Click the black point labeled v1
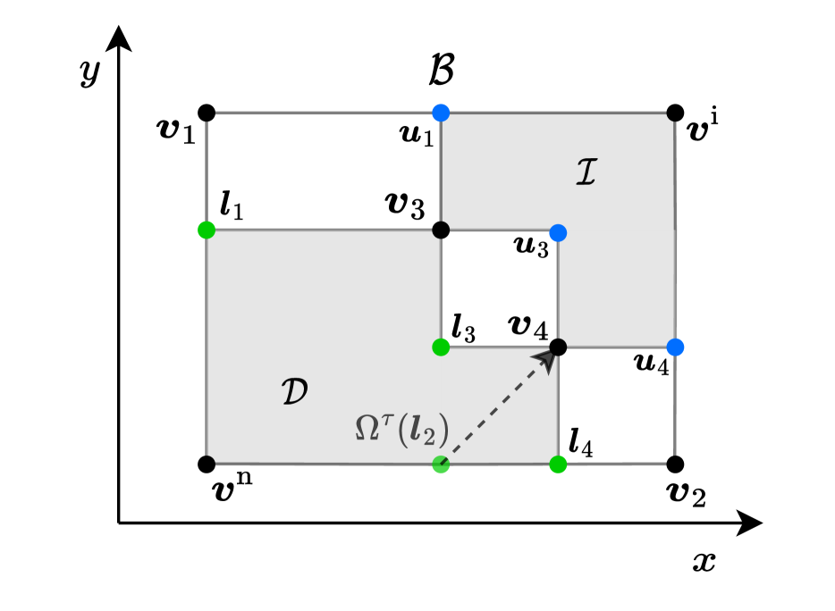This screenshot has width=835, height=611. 207,113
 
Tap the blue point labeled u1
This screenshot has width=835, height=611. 440,113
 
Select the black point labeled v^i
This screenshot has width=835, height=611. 675,113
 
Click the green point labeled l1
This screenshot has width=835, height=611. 207,230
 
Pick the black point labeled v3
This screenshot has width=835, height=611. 440,230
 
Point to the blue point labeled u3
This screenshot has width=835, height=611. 558,232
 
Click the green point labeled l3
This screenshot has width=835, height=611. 440,346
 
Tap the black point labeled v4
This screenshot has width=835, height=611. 558,346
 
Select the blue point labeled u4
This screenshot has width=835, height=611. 675,346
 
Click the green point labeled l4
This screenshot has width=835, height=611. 558,464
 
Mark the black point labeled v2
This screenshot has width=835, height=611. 675,464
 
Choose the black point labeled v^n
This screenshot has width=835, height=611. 207,464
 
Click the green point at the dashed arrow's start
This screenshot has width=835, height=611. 440,464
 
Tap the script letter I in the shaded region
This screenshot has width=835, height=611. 586,173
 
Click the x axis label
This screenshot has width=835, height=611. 704,561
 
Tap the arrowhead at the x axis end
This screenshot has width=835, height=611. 751,523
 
